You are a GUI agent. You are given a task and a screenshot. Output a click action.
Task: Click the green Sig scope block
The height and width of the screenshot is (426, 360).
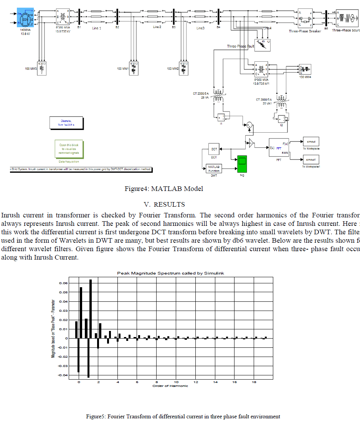[x=242, y=164]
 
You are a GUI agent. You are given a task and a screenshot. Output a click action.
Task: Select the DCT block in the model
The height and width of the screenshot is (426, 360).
[x=214, y=149]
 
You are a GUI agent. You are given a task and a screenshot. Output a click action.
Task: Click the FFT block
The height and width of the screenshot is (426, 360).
[x=279, y=147]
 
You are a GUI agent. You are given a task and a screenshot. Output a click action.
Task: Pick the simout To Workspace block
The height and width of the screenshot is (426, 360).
[x=311, y=141]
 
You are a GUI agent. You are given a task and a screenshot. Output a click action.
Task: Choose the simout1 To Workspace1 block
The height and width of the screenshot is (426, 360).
[x=311, y=160]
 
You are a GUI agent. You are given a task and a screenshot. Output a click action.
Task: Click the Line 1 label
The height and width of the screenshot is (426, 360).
[x=97, y=28]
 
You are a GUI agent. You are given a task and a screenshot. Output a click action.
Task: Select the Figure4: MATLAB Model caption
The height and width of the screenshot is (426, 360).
[x=164, y=189]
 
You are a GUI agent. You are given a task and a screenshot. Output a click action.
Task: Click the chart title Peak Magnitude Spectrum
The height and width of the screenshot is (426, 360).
[x=170, y=262]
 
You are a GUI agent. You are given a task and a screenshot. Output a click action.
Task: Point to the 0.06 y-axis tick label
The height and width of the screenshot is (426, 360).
[x=63, y=283]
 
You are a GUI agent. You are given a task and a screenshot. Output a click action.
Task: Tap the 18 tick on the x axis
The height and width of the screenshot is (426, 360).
[x=254, y=382]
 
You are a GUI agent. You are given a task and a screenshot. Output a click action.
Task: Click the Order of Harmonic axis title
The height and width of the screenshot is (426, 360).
[x=170, y=386]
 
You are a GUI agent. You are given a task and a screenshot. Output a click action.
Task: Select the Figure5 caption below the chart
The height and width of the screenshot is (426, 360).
[x=183, y=416]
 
